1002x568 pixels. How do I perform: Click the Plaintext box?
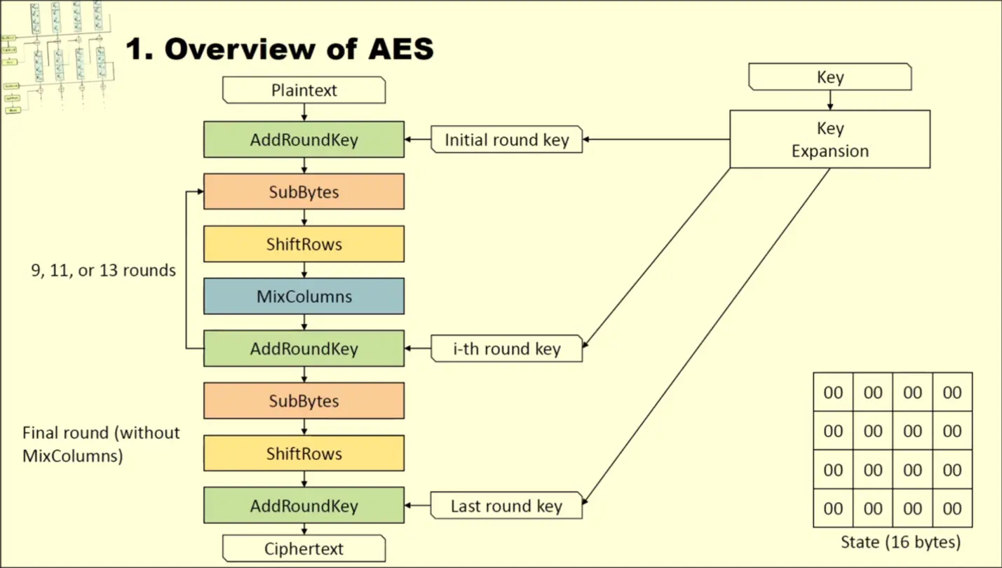click(304, 90)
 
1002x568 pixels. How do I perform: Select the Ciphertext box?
click(304, 548)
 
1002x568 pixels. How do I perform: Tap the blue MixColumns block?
click(304, 296)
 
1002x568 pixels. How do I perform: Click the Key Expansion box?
click(830, 140)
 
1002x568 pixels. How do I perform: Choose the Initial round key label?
click(506, 140)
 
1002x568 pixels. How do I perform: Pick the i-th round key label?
click(506, 349)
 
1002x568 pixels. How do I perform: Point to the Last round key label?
click(506, 506)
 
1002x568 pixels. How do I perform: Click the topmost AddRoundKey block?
click(304, 140)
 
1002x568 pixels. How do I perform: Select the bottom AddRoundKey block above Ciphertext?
click(304, 506)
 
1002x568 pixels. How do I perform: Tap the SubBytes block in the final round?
click(304, 400)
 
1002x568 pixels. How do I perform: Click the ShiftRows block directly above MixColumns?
click(304, 244)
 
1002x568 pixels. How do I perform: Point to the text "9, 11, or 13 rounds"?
click(103, 270)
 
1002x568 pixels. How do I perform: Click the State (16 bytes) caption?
click(900, 542)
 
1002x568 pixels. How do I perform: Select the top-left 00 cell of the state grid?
click(833, 393)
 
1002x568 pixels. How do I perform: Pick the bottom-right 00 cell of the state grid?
click(952, 508)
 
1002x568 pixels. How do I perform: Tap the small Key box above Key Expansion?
click(830, 77)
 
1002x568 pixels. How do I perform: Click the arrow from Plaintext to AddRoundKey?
click(304, 112)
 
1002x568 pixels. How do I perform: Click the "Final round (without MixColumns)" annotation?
click(101, 444)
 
